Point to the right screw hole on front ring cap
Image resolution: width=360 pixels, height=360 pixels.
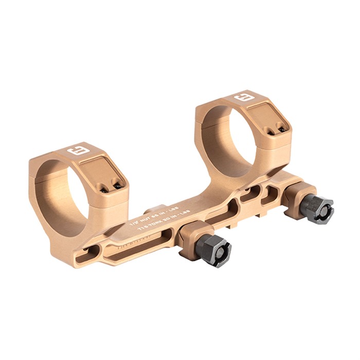(x=117, y=185)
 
